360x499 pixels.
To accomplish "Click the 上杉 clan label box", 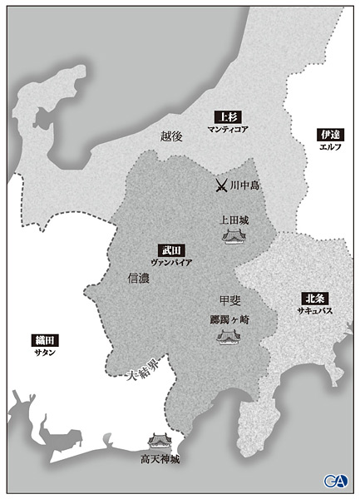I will click(x=226, y=117).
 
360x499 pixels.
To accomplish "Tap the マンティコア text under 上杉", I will click(x=226, y=131).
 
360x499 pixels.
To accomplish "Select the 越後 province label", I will click(x=171, y=136).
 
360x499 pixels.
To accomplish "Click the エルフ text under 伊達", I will click(x=330, y=147).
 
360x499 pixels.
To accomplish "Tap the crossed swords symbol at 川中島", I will click(x=221, y=185).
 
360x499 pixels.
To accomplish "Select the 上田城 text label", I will click(x=234, y=221).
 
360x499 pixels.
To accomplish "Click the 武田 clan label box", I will click(x=170, y=249).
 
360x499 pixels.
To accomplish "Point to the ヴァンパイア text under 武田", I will click(x=171, y=262).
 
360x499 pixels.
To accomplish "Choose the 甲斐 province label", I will click(x=229, y=300).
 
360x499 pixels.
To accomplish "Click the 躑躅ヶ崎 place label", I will click(x=229, y=318).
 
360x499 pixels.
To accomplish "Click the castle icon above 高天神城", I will click(x=158, y=441).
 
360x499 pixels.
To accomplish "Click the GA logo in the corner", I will click(x=336, y=481).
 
